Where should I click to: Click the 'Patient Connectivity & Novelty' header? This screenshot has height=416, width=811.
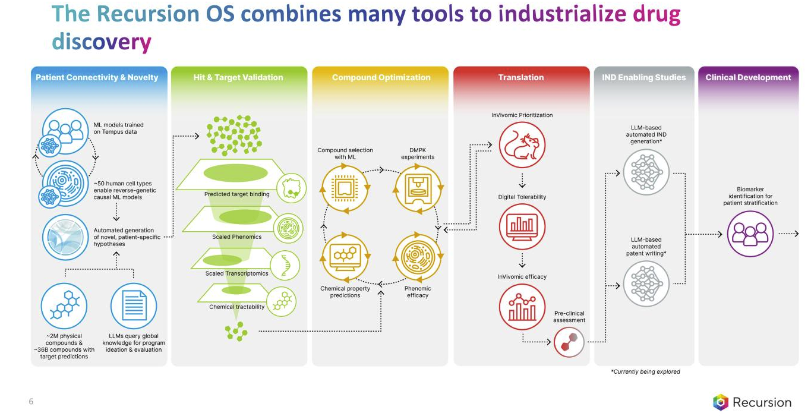(97, 77)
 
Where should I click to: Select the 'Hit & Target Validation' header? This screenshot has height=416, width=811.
(238, 77)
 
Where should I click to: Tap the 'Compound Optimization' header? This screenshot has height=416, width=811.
(381, 77)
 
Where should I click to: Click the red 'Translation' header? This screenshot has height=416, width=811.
(521, 77)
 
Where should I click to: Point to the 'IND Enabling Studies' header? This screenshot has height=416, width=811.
(644, 77)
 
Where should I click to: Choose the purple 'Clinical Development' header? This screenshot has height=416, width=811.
(748, 77)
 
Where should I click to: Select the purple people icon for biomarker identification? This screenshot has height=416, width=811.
(750, 234)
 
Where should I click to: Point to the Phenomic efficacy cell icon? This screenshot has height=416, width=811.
(417, 257)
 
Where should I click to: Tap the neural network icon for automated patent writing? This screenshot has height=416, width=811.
(646, 283)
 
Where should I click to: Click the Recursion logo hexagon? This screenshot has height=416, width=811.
(721, 402)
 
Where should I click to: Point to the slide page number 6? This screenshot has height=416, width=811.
(31, 402)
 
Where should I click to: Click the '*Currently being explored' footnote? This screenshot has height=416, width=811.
(645, 371)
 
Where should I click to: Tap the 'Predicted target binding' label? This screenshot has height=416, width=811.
(236, 194)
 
